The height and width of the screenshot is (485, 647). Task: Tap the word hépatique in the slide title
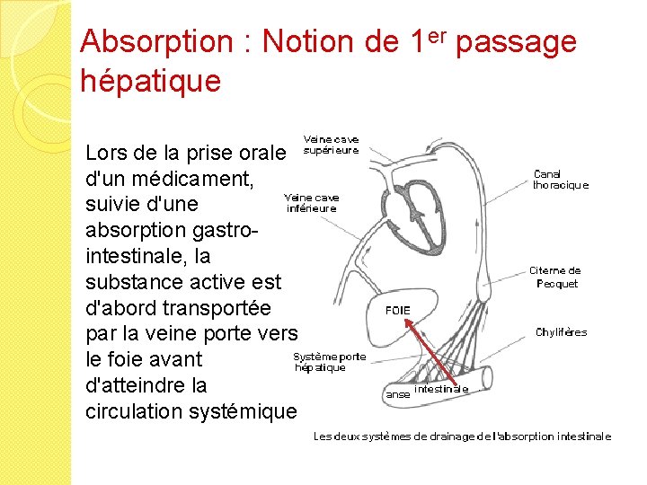coord(150,81)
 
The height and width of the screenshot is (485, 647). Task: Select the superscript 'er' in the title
coord(436,35)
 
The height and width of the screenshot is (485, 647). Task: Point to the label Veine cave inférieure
coord(311,203)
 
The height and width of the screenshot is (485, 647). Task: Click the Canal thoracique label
coord(560,180)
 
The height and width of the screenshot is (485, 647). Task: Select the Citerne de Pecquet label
coord(554,277)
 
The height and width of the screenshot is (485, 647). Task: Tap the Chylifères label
coord(561,332)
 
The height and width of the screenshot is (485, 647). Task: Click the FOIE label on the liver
coord(397,311)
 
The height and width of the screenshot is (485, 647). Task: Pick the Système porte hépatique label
coord(330,362)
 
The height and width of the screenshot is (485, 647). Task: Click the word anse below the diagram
coord(396,393)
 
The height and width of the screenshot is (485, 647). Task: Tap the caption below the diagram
coord(461,436)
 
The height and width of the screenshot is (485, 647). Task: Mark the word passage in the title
coord(516,41)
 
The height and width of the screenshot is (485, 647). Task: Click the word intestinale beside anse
coord(441,389)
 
